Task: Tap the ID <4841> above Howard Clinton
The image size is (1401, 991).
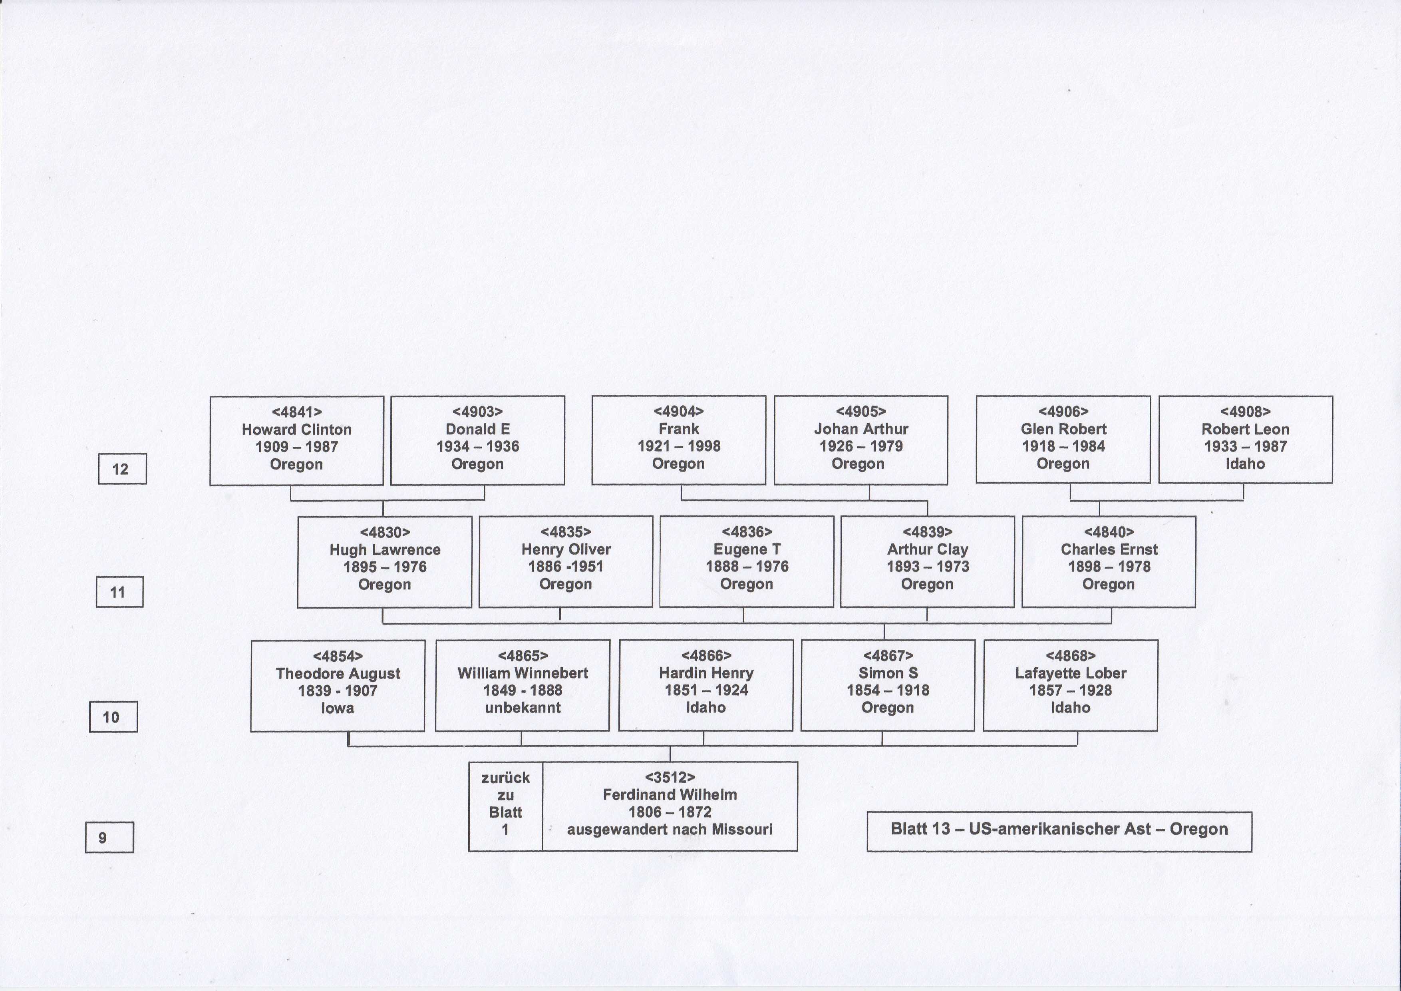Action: [x=296, y=412]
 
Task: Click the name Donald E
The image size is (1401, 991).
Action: [x=478, y=429]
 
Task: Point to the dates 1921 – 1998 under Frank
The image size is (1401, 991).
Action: [x=679, y=446]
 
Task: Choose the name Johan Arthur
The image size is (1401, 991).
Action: [x=861, y=429]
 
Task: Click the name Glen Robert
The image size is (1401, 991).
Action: [x=1063, y=429]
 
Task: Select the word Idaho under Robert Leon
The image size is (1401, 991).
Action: [x=1246, y=464]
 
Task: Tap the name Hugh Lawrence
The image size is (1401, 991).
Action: [x=385, y=549]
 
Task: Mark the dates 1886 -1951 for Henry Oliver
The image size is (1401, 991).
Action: [x=566, y=566]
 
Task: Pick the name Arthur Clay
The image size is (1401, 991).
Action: [x=928, y=549]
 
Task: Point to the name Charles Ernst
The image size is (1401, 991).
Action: [x=1109, y=549]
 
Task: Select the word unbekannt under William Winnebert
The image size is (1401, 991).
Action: [x=523, y=708]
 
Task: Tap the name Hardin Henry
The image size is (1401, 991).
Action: [x=706, y=673]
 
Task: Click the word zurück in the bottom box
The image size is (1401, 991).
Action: [x=505, y=778]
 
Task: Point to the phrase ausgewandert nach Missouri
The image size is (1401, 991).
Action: [x=670, y=829]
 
